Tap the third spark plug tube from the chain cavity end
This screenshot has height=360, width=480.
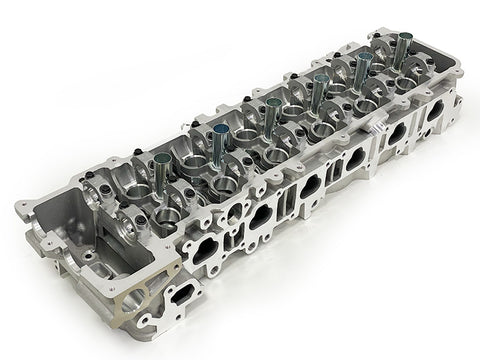pos(272,108)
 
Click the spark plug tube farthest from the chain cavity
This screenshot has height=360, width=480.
pos(403,45)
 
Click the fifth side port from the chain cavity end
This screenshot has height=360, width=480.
pos(399,132)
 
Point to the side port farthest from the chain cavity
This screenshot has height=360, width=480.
pos(435,111)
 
